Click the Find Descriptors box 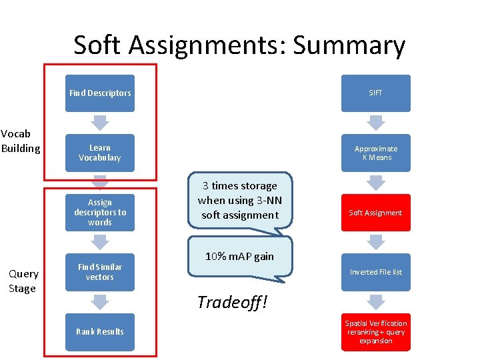100,93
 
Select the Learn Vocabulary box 100,153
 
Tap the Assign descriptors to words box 100,213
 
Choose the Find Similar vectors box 100,272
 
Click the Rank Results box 100,331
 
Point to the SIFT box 376,93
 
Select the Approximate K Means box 376,153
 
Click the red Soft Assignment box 376,213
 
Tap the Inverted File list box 376,272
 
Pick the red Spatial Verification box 376,332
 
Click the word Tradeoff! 232,302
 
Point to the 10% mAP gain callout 239,257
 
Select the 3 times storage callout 239,201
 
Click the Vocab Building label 21,141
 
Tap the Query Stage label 23,281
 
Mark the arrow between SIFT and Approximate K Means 377,123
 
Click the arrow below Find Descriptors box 100,123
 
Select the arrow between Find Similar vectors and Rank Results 100,302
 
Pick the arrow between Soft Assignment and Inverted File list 377,242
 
